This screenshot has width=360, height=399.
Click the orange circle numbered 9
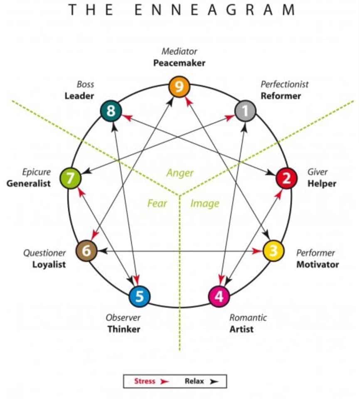(179, 87)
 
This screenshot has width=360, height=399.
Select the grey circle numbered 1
(245, 111)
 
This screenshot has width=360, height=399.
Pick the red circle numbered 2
(286, 178)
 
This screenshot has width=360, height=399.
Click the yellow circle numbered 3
(274, 251)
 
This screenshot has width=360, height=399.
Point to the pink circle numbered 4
(219, 296)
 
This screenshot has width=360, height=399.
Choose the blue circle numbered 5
(139, 296)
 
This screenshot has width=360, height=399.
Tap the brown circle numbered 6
(86, 251)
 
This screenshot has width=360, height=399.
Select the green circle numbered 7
(70, 178)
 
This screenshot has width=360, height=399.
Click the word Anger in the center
(180, 173)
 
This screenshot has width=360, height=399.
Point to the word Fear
(157, 203)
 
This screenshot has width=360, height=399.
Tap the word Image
(205, 203)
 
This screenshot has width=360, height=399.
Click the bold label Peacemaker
(179, 64)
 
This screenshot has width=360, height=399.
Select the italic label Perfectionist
(284, 84)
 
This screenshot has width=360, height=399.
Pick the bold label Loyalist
(49, 264)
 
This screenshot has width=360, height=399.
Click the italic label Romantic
(248, 318)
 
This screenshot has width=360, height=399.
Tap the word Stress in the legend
(144, 381)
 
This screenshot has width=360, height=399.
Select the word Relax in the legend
(194, 381)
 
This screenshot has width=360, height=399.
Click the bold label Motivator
(317, 264)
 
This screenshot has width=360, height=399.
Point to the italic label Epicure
(37, 172)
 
